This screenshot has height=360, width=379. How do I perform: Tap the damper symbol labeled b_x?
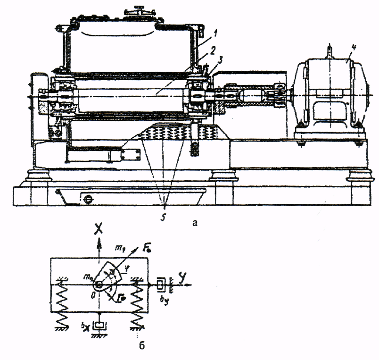(x=100, y=325)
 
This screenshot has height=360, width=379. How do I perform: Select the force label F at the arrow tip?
(x=143, y=248)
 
